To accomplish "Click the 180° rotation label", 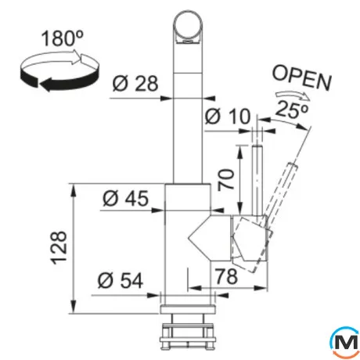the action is pyautogui.click(x=62, y=38).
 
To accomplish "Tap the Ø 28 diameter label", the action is pyautogui.click(x=135, y=83).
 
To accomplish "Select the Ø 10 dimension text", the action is pyautogui.click(x=228, y=116).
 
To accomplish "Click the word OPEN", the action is pyautogui.click(x=302, y=77).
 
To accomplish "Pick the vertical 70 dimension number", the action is pyautogui.click(x=226, y=179).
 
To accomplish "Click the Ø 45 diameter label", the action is pyautogui.click(x=125, y=198).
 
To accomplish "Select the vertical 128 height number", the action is pyautogui.click(x=59, y=247).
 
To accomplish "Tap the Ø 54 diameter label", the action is pyautogui.click(x=121, y=280).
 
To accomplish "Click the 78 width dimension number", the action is pyautogui.click(x=226, y=276).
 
